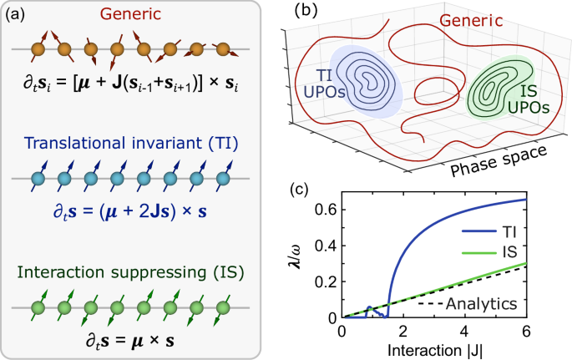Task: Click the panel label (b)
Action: (306, 11)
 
